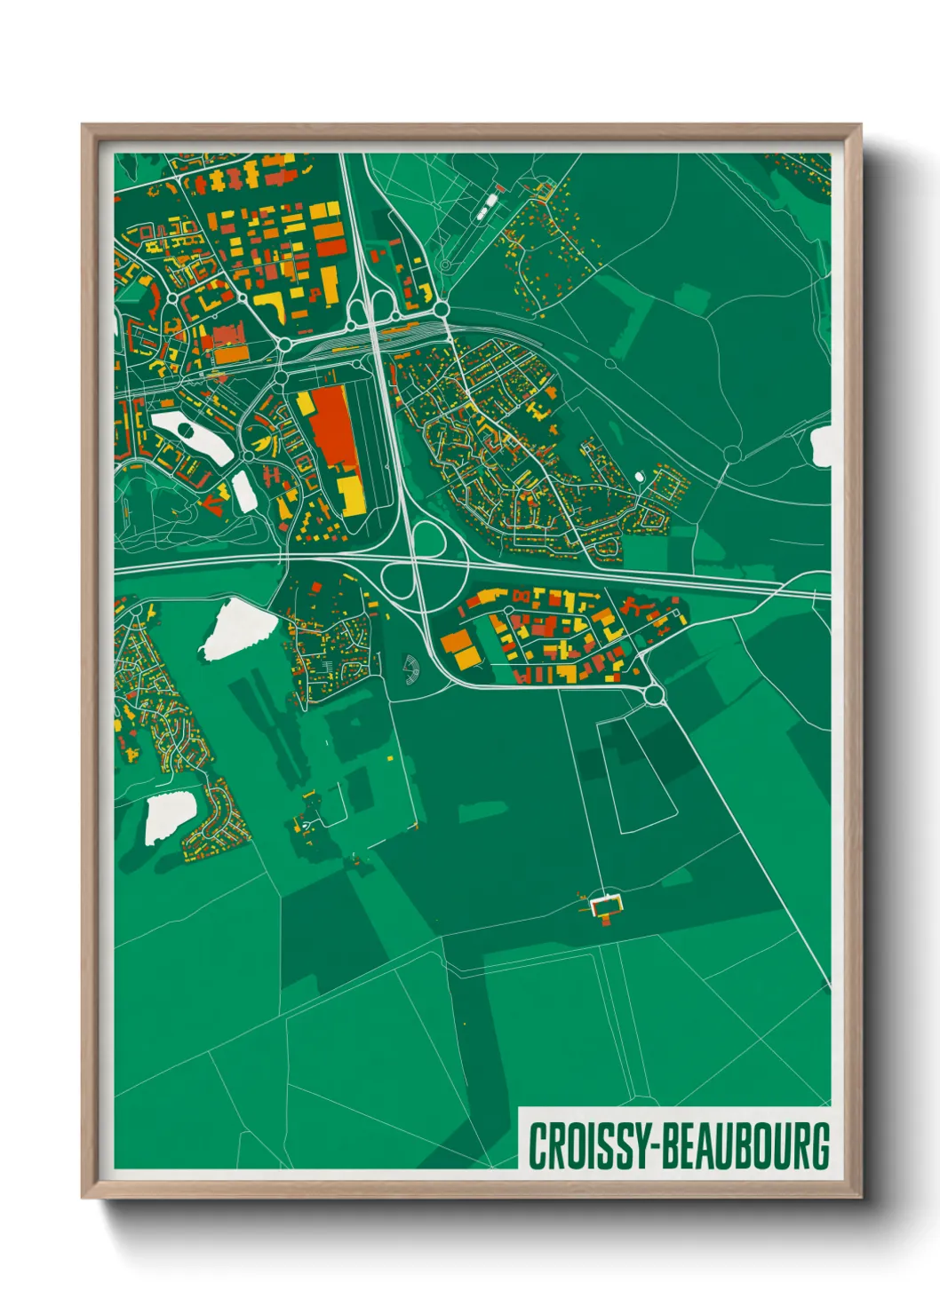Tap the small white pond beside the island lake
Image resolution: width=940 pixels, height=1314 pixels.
[244, 491]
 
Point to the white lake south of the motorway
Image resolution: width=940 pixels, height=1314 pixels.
[235, 628]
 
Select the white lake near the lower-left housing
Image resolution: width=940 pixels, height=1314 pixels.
[169, 817]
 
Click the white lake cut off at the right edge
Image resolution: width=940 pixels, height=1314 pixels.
[822, 446]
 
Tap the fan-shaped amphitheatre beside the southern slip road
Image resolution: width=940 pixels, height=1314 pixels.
[410, 670]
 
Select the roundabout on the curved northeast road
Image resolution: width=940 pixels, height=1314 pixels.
[732, 455]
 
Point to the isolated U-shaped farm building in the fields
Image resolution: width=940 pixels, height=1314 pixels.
[607, 906]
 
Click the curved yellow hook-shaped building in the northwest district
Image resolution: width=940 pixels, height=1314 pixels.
[272, 305]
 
